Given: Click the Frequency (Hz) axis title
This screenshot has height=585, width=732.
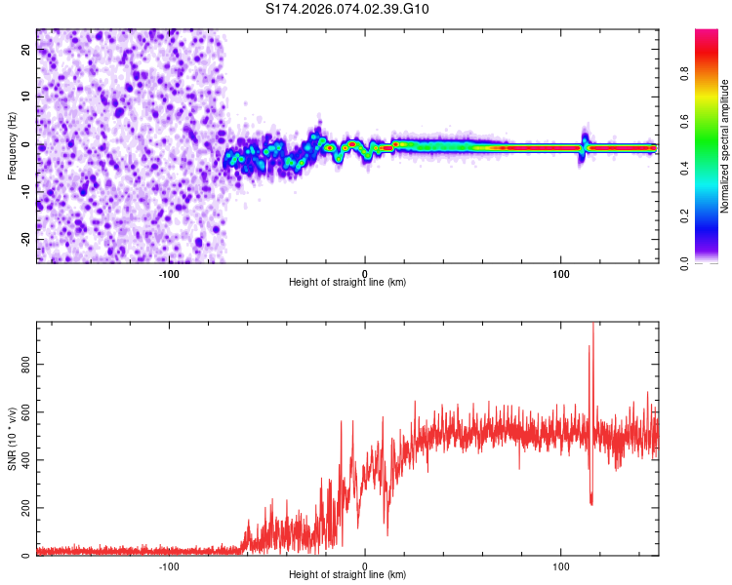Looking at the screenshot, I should click(x=12, y=146).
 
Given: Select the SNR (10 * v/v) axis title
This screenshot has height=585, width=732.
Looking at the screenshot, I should click(x=12, y=440).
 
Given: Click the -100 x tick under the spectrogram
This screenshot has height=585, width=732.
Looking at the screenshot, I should click(x=169, y=272).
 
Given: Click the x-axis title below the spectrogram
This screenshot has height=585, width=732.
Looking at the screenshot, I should click(x=347, y=283).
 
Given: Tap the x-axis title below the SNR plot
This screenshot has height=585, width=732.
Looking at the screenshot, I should click(x=347, y=576).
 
